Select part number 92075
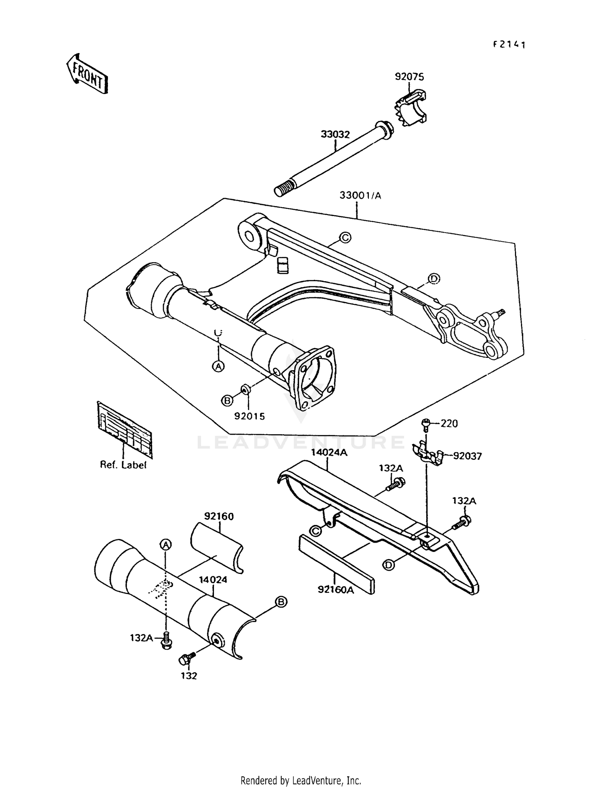pos(409,77)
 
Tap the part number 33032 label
pos(335,135)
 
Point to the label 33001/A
pos(360,196)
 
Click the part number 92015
pos(250,416)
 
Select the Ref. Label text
pos(123,465)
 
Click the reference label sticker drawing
pos(125,430)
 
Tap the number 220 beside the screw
pos(449,423)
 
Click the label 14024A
pos(329,453)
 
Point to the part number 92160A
pos(336,590)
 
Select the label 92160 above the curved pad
pos(219,516)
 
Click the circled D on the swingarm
pos(433,278)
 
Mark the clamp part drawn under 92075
pos(409,108)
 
